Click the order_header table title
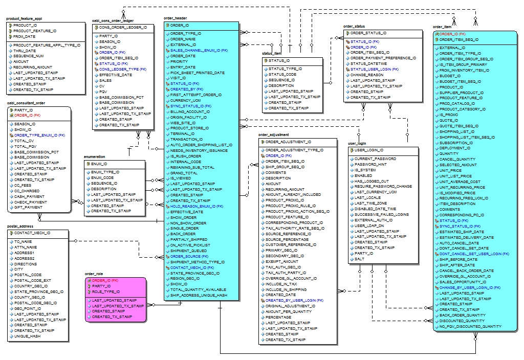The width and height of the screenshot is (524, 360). coord(176,18)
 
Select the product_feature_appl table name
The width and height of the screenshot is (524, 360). coord(24,18)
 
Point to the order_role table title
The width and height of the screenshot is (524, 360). coord(94,274)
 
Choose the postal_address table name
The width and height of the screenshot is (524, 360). coord(20,226)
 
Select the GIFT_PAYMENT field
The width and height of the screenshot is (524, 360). coord(29,208)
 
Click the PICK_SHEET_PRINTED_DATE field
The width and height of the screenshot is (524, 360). coord(197,73)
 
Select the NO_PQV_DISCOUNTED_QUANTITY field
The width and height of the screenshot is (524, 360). coord(470,326)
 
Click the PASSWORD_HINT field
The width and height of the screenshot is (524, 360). coord(371,164)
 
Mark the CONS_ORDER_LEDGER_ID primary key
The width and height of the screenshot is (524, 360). coord(123,27)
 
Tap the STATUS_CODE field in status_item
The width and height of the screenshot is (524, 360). coord(282,74)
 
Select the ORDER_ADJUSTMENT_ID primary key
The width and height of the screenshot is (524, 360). coord(288,142)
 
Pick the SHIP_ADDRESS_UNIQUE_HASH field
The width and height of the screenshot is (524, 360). coord(199,295)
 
